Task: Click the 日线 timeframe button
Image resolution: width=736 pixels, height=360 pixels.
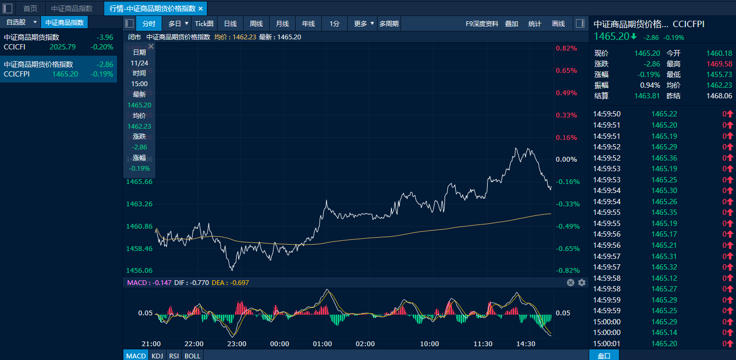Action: click(x=230, y=23)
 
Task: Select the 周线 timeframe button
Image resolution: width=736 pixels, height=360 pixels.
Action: click(x=256, y=23)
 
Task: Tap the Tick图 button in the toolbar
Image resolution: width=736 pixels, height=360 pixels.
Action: click(x=204, y=23)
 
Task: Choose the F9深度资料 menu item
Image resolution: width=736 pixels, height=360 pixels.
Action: click(x=482, y=23)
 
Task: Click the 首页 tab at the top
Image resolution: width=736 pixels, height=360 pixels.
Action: click(x=30, y=9)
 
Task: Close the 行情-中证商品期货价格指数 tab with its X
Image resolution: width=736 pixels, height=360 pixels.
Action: click(x=200, y=9)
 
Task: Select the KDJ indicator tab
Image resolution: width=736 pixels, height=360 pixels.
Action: click(x=157, y=355)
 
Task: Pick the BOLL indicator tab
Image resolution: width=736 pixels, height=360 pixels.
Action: click(x=193, y=355)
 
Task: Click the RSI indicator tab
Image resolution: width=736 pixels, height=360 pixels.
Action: click(x=174, y=355)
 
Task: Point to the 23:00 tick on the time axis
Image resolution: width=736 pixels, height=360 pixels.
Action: click(x=237, y=344)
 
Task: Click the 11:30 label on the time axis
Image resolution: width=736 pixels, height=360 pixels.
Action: click(x=483, y=344)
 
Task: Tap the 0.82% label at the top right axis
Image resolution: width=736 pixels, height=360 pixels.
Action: click(x=566, y=48)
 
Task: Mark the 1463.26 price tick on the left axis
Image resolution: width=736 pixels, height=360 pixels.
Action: click(x=139, y=204)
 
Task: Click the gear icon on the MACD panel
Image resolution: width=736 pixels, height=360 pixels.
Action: click(x=582, y=282)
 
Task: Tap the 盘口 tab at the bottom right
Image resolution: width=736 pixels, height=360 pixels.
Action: click(x=604, y=355)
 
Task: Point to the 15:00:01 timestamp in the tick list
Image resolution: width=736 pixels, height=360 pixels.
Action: click(x=607, y=344)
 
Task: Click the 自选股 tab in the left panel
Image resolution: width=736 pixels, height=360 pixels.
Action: click(x=16, y=22)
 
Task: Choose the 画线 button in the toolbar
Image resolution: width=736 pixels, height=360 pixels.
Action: click(x=558, y=23)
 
